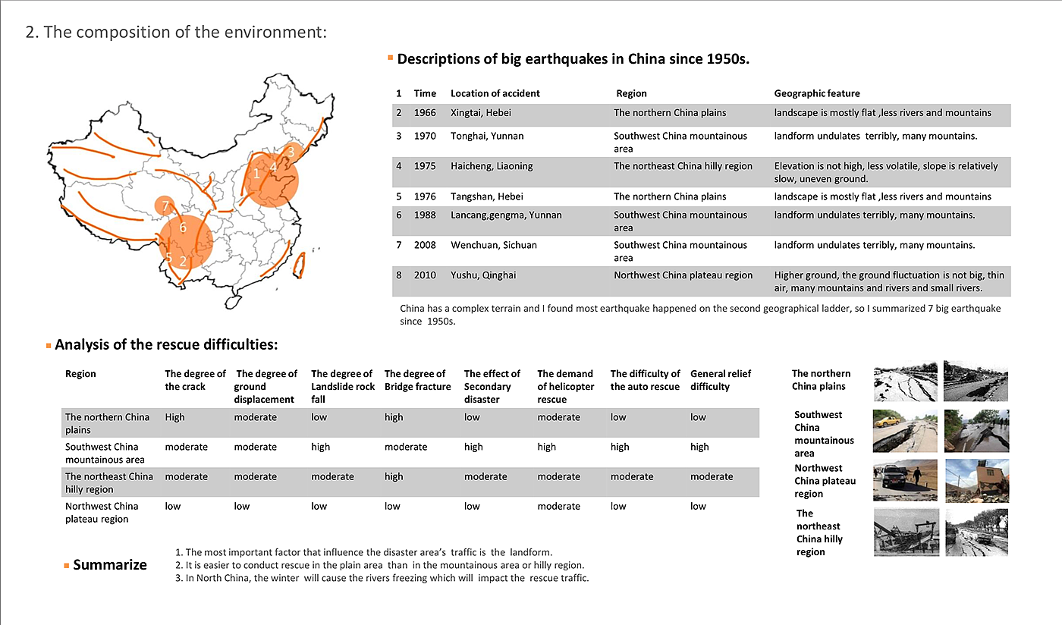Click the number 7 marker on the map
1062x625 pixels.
165,206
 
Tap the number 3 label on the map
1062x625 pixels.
290,152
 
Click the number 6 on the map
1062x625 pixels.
183,228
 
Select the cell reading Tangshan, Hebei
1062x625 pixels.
486,196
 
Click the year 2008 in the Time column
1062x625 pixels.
426,245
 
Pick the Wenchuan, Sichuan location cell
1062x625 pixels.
493,245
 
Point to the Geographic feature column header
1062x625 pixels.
816,93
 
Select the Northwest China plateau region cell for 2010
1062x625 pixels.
683,275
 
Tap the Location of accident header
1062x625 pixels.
495,93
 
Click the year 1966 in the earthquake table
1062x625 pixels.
426,113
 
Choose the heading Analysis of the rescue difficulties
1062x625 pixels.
166,345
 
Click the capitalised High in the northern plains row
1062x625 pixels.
174,417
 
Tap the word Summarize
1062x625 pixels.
110,565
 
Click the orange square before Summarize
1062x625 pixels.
67,565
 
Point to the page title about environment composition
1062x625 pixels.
176,33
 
